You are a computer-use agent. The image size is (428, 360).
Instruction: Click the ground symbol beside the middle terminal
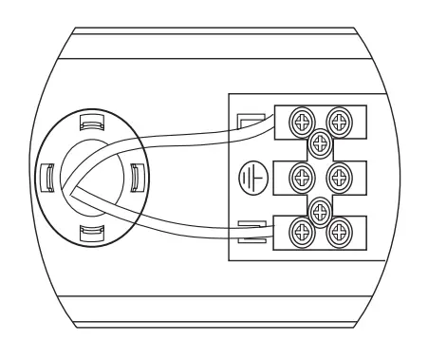(x=249, y=178)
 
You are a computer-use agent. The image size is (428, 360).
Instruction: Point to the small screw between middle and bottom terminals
(x=320, y=209)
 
